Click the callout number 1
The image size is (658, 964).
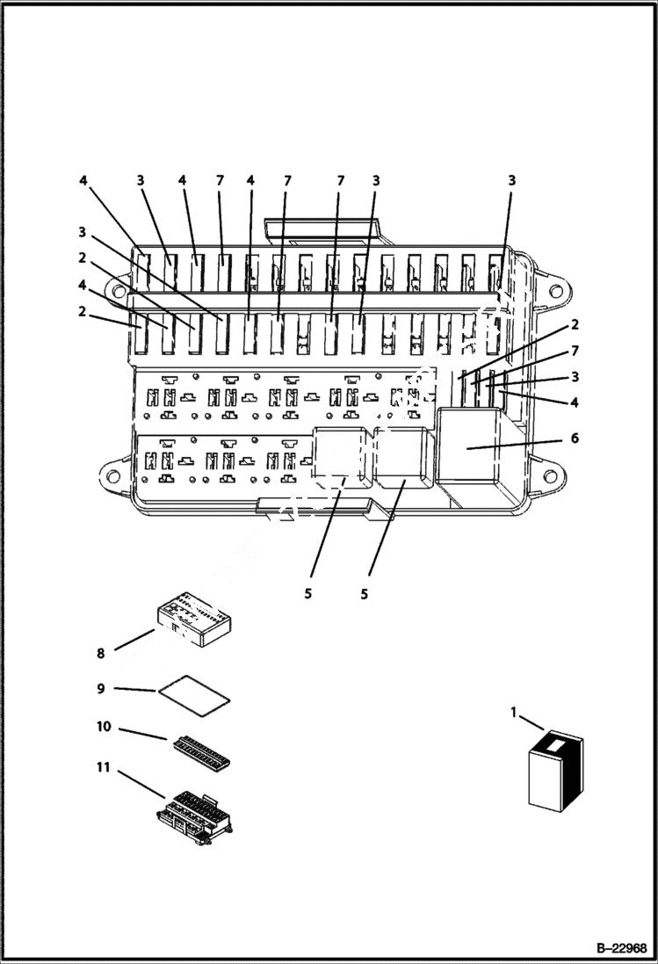(x=514, y=712)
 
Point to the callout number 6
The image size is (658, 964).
(x=575, y=438)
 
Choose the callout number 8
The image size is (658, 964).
(x=101, y=654)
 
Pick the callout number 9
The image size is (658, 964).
(x=101, y=688)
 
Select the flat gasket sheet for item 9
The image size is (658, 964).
(x=194, y=691)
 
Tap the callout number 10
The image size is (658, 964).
(x=103, y=727)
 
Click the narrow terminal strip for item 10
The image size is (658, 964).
(x=203, y=751)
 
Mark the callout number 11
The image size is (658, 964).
(x=103, y=767)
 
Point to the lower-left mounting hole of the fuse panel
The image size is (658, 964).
(x=113, y=475)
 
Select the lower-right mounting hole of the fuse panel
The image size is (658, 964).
(x=550, y=477)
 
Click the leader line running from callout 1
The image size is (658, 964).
(x=531, y=723)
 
